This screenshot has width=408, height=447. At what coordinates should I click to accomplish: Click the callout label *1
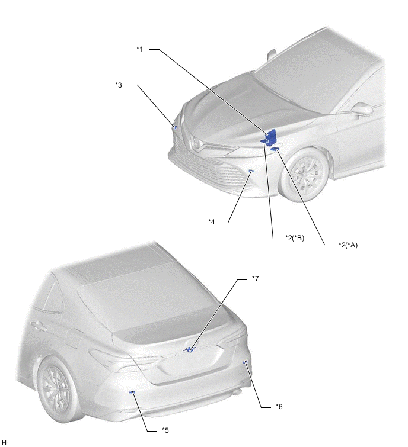tap(139, 49)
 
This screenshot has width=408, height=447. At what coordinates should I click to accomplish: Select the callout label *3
tap(119, 85)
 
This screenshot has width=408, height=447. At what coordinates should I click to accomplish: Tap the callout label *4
tap(212, 221)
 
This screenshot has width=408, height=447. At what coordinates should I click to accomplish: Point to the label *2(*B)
tap(295, 237)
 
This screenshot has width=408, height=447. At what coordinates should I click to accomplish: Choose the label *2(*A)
tap(348, 245)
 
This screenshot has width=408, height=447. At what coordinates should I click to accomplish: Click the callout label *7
tap(256, 278)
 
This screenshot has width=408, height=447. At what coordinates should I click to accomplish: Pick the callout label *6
tap(279, 406)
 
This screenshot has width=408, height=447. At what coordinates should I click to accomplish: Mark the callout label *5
tap(165, 430)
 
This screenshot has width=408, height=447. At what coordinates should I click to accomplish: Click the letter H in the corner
tap(4, 442)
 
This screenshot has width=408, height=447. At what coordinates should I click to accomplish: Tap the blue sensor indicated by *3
tap(176, 127)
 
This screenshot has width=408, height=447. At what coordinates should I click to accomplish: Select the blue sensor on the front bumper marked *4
tap(251, 171)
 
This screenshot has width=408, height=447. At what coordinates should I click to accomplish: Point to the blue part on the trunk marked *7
tap(189, 349)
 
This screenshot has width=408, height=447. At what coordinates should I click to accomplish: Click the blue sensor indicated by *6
tap(245, 362)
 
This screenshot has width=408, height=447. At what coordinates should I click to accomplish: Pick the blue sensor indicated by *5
tap(132, 393)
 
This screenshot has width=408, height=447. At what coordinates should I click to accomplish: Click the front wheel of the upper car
tap(306, 175)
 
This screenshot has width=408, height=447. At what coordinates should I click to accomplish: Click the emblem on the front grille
tap(197, 143)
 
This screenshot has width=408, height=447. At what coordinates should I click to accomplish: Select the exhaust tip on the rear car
tap(237, 393)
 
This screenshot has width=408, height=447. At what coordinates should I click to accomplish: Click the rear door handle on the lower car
tap(39, 325)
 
